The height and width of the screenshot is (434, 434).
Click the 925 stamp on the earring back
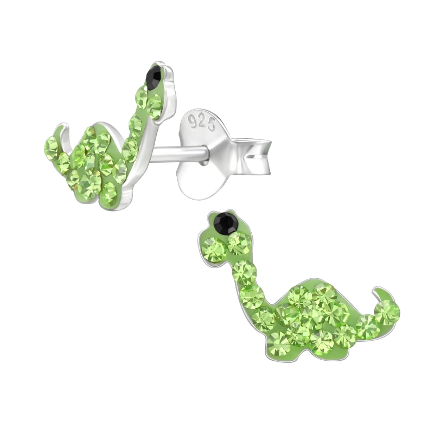tap(202, 122)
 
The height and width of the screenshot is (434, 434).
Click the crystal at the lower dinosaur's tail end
tap(387, 313)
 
